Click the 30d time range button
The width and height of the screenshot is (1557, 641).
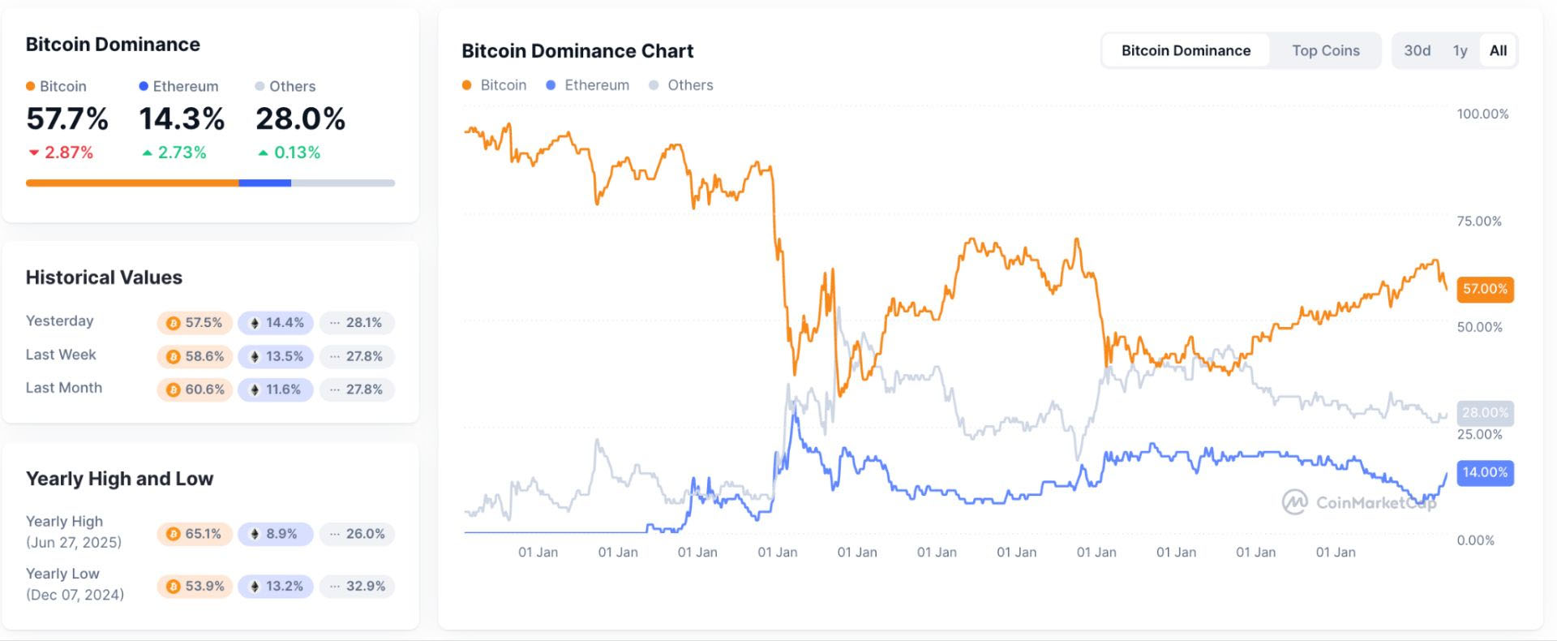pyautogui.click(x=1417, y=50)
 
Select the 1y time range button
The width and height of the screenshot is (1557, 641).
pyautogui.click(x=1460, y=50)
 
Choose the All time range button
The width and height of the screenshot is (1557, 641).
pyautogui.click(x=1498, y=50)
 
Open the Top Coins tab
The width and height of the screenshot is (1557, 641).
pyautogui.click(x=1325, y=50)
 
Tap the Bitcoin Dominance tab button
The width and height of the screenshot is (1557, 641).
pyautogui.click(x=1186, y=50)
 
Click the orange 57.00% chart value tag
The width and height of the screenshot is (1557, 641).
pyautogui.click(x=1485, y=289)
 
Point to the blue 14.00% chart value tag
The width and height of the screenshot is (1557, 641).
pyautogui.click(x=1485, y=472)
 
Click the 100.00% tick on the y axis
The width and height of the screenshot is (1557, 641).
pyautogui.click(x=1482, y=114)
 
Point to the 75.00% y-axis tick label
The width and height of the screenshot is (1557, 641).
pyautogui.click(x=1479, y=221)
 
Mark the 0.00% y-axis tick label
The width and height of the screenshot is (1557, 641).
pyautogui.click(x=1475, y=540)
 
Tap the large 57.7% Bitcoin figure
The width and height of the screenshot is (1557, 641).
pyautogui.click(x=67, y=119)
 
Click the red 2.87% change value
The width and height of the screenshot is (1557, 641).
pyautogui.click(x=62, y=153)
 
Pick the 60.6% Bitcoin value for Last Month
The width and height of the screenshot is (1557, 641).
pyautogui.click(x=195, y=389)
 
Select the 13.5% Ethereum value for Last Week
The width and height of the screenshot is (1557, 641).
pyautogui.click(x=276, y=356)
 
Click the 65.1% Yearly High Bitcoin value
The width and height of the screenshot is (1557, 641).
pyautogui.click(x=195, y=534)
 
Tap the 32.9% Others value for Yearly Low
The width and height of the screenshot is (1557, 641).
pyautogui.click(x=357, y=586)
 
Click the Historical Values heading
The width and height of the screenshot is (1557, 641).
pyautogui.click(x=104, y=277)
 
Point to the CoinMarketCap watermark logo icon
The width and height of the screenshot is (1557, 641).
pyautogui.click(x=1294, y=502)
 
